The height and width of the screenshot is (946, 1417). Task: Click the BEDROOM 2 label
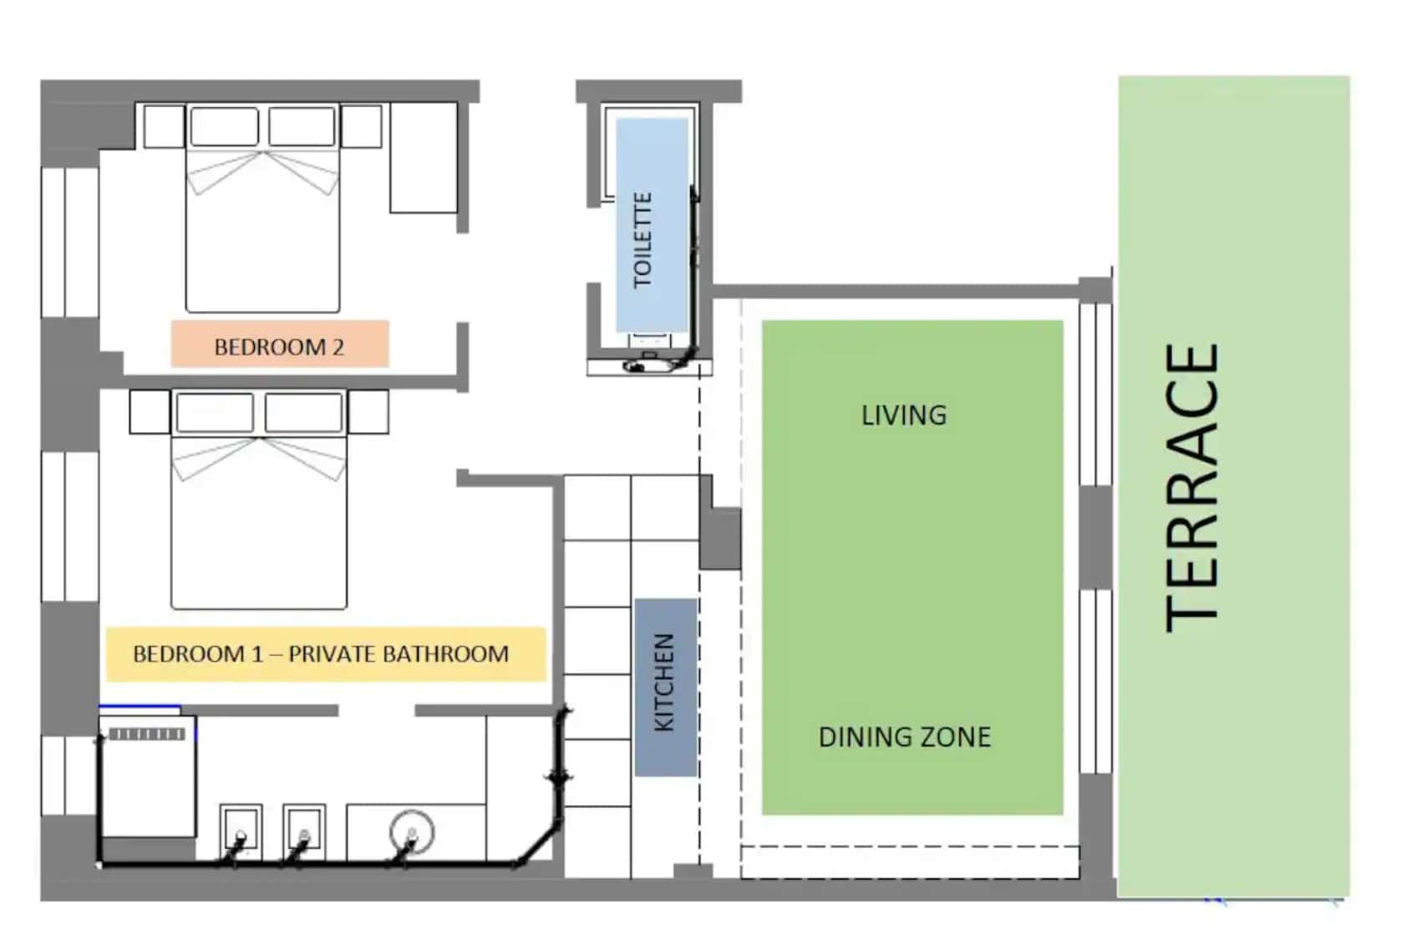coord(279,347)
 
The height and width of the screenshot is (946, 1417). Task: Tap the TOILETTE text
coord(642,241)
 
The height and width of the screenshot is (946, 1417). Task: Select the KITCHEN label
coord(663,683)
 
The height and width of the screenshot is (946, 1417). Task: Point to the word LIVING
coord(904,415)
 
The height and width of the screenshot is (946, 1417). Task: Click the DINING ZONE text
coord(905,737)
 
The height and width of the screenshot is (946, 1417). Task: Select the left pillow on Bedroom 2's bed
coord(225,126)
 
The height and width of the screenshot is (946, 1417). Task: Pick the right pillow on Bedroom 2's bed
coord(302,126)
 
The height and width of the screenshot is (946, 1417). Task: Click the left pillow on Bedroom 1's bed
coord(215,412)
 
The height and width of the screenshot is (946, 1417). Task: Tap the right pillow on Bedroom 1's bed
coord(303,412)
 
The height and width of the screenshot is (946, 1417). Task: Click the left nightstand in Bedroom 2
coord(164,126)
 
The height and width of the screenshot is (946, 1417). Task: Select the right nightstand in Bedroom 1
coord(368,412)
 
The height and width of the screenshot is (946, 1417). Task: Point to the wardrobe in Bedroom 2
coord(424,158)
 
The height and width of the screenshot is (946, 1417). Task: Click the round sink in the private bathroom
coord(412,832)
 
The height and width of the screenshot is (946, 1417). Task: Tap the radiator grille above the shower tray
coord(147,734)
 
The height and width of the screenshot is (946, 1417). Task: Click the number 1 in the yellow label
coord(256,654)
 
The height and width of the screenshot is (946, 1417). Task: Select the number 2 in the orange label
coord(338,347)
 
